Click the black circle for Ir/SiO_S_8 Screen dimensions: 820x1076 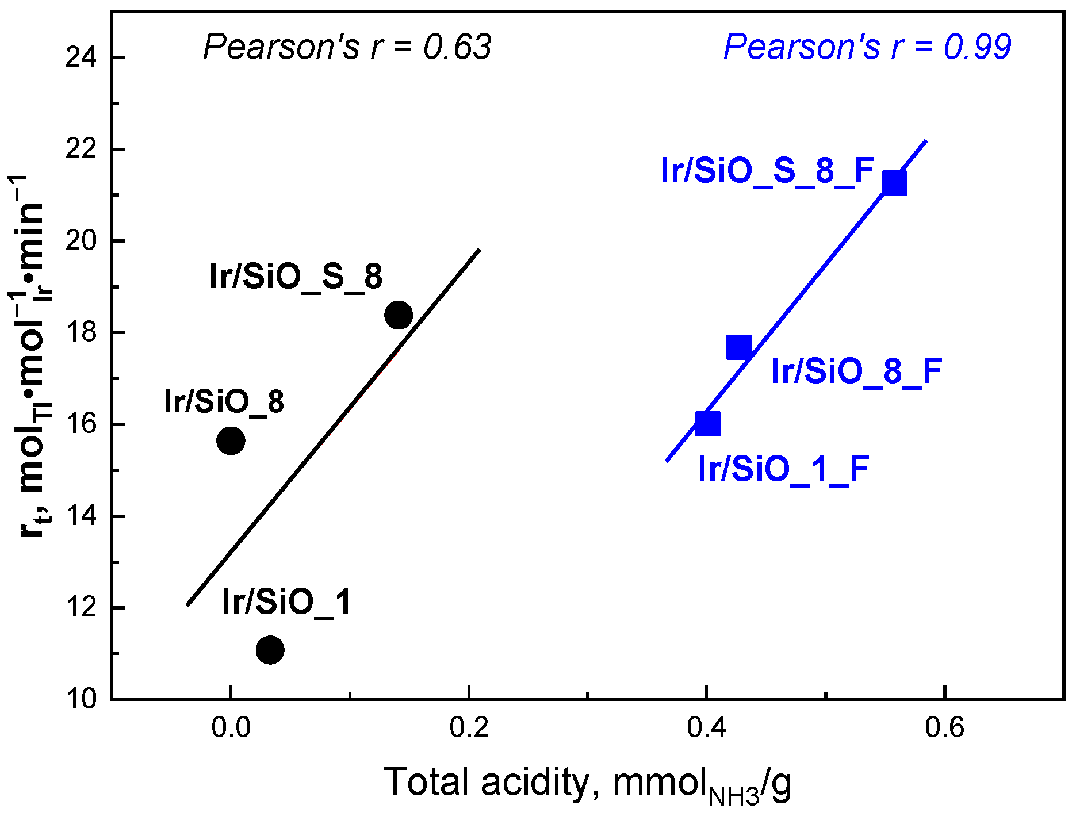pos(398,315)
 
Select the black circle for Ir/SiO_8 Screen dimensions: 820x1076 pos(231,441)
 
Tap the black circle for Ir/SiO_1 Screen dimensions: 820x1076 pos(270,650)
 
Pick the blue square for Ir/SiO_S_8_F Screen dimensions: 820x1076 pos(894,183)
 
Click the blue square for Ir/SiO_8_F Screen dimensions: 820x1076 pos(738,347)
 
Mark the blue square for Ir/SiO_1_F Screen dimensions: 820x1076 pos(707,424)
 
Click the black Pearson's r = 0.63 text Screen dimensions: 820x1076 pos(347,47)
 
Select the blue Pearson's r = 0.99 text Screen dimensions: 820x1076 pos(867,47)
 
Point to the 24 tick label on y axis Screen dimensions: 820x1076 pos(81,58)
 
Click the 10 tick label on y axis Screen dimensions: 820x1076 pos(81,699)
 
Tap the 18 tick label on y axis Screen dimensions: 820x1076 pos(81,332)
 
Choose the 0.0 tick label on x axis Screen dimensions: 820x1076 pos(231,728)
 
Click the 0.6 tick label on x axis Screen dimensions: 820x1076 pos(944,728)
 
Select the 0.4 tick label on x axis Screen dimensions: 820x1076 pos(706,728)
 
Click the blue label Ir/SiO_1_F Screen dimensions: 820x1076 pos(783,469)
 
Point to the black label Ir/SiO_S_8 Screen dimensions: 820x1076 pos(296,277)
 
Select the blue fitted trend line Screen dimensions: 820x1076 pos(805,288)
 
